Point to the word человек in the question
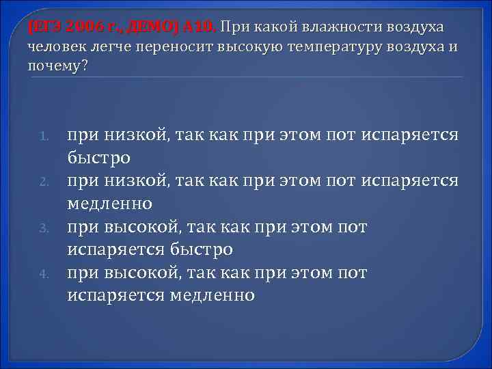(57, 47)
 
